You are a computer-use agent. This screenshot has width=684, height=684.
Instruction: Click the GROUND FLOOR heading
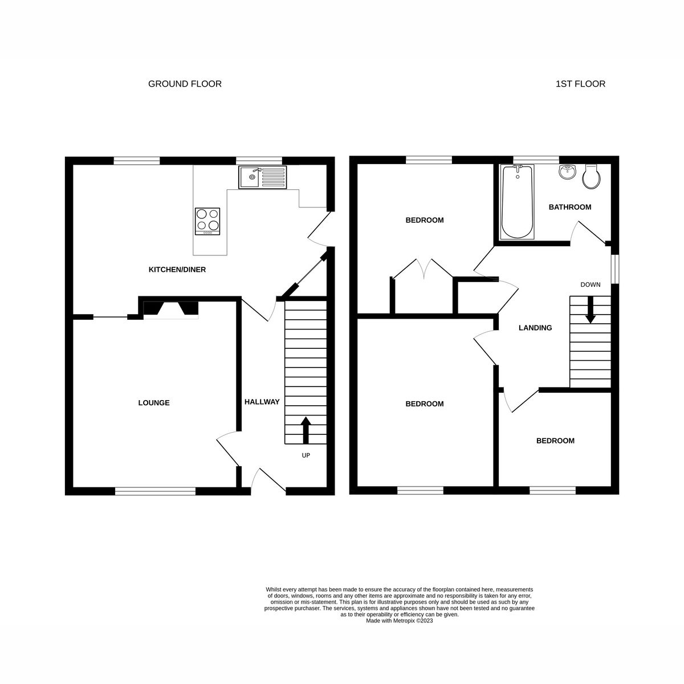tap(185, 84)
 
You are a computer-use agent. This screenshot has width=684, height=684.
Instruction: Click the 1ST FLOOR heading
tap(580, 84)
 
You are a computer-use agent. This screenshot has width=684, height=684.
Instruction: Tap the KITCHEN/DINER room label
tap(177, 270)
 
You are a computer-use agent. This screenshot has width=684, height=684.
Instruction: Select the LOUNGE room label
tap(154, 403)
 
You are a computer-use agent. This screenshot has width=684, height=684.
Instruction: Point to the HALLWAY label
tap(262, 402)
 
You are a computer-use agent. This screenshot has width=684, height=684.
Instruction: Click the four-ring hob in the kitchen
tap(207, 221)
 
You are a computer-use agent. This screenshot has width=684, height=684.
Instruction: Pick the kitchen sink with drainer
tap(263, 177)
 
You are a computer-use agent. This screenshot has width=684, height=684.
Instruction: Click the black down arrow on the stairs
tap(590, 311)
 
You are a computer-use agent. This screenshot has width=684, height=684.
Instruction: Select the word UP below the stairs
tap(306, 455)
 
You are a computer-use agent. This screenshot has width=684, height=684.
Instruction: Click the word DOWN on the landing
tap(590, 284)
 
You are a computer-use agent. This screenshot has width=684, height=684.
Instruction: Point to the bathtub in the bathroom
tap(517, 202)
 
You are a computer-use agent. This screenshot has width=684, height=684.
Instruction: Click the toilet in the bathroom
tap(592, 177)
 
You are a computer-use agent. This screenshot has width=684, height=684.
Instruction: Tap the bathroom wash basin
tap(567, 172)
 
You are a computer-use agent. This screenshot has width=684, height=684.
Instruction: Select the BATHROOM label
tap(569, 207)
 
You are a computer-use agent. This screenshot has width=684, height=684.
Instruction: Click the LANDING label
tap(535, 328)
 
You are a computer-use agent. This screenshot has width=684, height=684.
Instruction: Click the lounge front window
tap(155, 490)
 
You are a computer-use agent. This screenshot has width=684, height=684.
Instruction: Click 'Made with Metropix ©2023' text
tap(400, 621)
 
